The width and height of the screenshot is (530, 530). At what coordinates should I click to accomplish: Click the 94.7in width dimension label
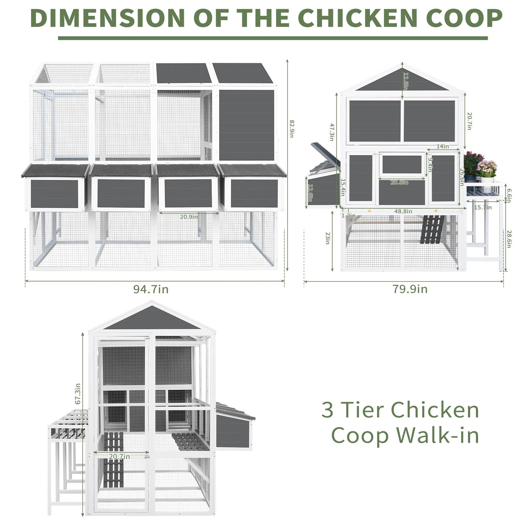click(x=151, y=289)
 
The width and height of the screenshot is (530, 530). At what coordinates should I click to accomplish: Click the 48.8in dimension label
click(x=403, y=211)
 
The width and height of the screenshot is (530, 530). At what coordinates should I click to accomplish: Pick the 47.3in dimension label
click(x=332, y=131)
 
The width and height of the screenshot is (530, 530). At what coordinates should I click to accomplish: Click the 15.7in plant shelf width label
click(x=483, y=207)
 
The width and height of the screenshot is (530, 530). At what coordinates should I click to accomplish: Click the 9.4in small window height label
click(x=430, y=165)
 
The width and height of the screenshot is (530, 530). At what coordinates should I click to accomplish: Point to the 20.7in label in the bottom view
click(x=119, y=456)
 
